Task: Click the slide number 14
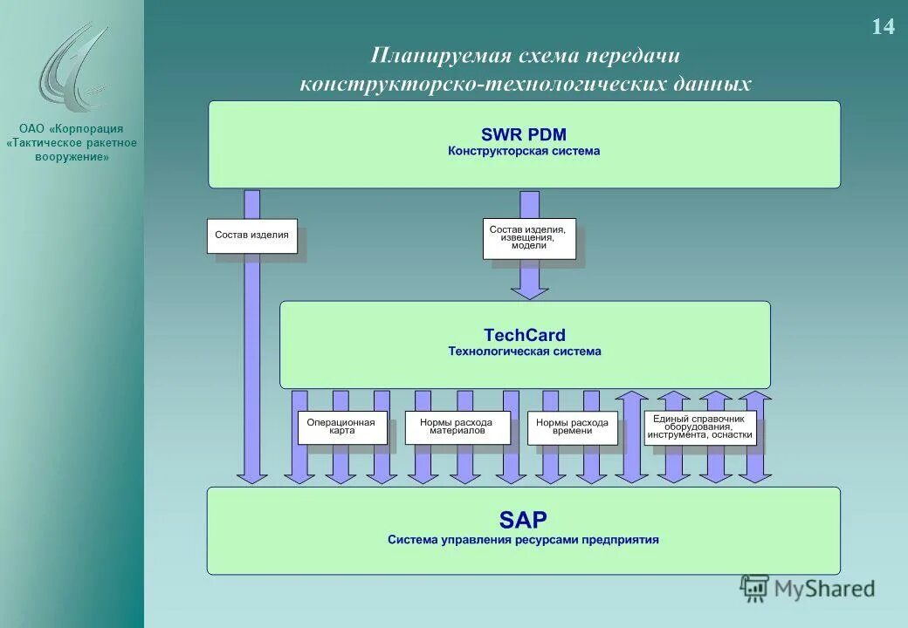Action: [x=883, y=27]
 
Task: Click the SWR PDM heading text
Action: [x=523, y=134]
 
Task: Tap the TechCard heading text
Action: [x=524, y=335]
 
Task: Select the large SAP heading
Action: [x=523, y=521]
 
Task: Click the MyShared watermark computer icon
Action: [x=754, y=589]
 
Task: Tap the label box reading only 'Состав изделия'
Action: [x=252, y=235]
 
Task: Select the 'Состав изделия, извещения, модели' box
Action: [x=529, y=238]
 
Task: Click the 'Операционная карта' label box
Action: [x=341, y=427]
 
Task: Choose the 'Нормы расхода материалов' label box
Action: [x=457, y=427]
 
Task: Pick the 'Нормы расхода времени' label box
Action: [x=572, y=427]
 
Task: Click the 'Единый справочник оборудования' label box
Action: [x=700, y=427]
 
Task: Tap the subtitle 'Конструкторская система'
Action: [x=524, y=151]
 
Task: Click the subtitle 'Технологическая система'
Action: [x=524, y=352]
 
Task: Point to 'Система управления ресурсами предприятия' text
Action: [x=523, y=540]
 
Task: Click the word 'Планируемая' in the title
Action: [x=439, y=55]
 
